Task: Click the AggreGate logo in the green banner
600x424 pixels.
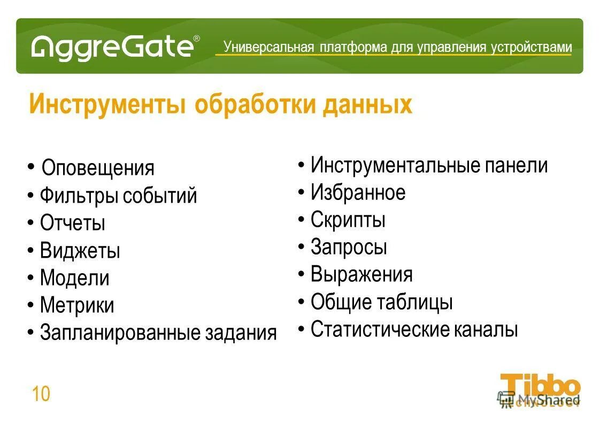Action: [112, 47]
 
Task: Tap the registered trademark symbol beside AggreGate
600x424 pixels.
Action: [196, 38]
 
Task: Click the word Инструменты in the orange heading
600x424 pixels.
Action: [107, 104]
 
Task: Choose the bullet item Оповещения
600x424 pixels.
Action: [98, 168]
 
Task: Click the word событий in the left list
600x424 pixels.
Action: [160, 196]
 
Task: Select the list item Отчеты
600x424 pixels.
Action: [73, 223]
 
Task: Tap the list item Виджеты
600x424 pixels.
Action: [80, 251]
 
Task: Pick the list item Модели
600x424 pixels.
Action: [75, 278]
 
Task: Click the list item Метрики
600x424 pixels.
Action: [77, 305]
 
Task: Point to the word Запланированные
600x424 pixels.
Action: [120, 333]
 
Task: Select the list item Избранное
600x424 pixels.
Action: [358, 192]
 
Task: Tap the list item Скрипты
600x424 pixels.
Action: [348, 220]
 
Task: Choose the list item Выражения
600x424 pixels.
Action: [361, 274]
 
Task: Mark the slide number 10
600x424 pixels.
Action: [41, 395]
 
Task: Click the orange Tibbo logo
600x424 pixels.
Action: [540, 386]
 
